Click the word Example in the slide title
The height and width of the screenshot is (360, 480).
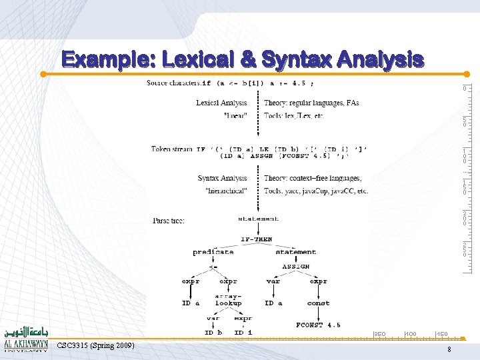point(106,60)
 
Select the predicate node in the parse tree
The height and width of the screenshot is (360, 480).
point(213,252)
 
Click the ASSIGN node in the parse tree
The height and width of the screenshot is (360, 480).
point(295,265)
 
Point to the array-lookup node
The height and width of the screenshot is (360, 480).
point(229,299)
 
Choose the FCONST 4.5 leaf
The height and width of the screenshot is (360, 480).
point(318,325)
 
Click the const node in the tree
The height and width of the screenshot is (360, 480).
point(318,303)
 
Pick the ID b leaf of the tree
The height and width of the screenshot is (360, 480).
point(213,332)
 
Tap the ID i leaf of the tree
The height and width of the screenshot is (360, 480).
point(243,332)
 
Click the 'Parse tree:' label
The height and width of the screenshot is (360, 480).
point(169,220)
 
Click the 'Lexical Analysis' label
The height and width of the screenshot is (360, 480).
point(221,103)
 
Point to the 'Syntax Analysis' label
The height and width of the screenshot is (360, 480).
point(222,178)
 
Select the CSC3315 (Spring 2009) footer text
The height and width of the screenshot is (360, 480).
point(96,345)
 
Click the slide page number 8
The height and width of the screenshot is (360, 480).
point(449,350)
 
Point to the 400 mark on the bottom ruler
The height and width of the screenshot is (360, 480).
point(411,333)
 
